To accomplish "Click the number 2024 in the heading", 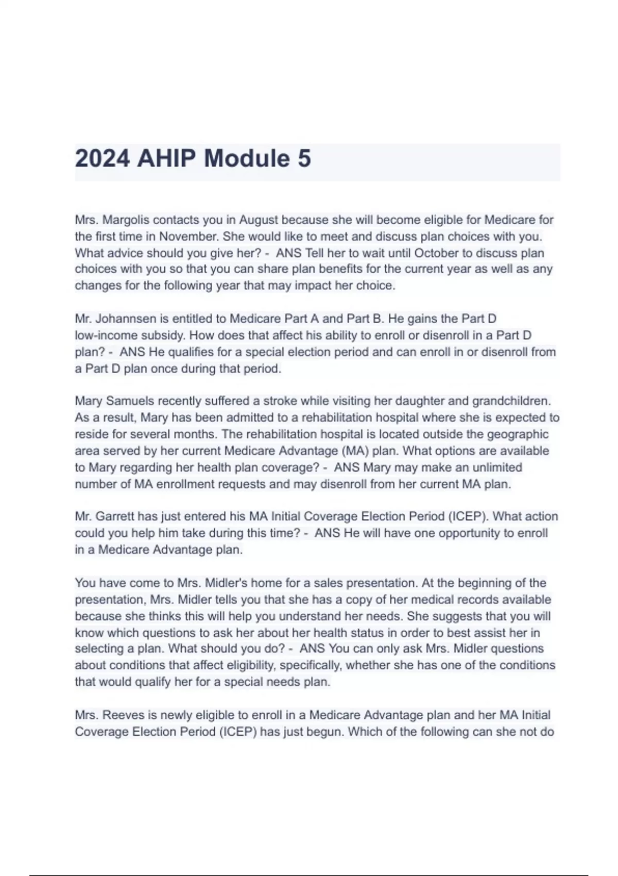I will pyautogui.click(x=102, y=158).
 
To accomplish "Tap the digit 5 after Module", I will pyautogui.click(x=304, y=158).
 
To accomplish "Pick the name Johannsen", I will pyautogui.click(x=127, y=318).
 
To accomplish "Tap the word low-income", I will pyautogui.click(x=104, y=335).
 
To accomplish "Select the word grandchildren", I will pyautogui.click(x=511, y=401).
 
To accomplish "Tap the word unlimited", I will pyautogui.click(x=496, y=467).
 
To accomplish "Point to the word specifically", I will pyautogui.click(x=311, y=665).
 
